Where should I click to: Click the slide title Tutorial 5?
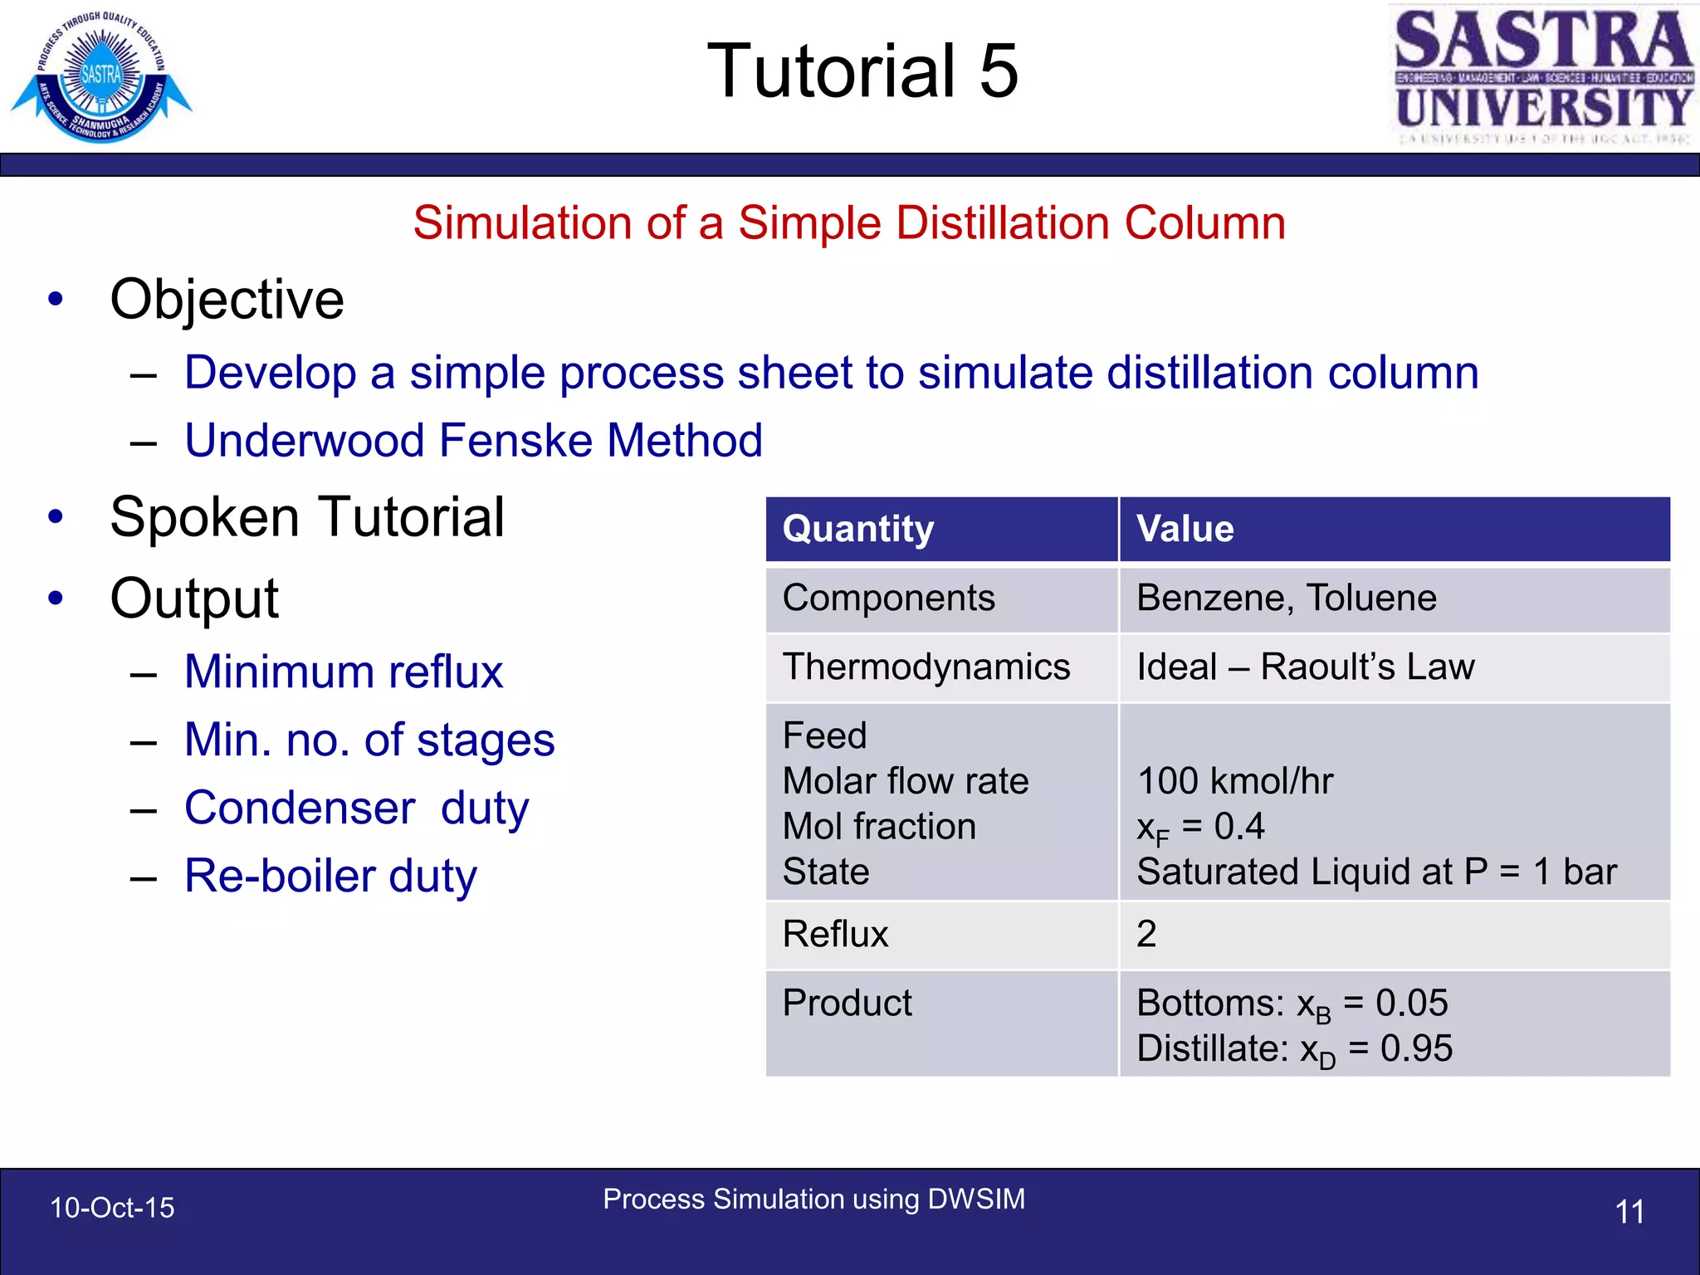tap(862, 71)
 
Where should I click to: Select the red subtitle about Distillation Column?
tap(849, 223)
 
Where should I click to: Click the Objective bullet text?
tap(227, 300)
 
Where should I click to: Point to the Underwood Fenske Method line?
tap(473, 440)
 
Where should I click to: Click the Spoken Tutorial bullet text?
tap(307, 517)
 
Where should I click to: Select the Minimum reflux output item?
tap(344, 672)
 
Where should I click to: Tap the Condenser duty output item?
tap(357, 808)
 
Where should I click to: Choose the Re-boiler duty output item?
tap(330, 876)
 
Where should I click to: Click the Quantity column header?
tap(858, 530)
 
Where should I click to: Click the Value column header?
tap(1185, 530)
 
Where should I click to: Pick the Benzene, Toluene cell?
tap(1286, 598)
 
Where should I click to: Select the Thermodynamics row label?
tap(926, 667)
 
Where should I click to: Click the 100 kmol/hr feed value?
tap(1234, 781)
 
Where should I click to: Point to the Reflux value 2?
tap(1146, 935)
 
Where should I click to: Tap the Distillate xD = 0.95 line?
tap(1294, 1049)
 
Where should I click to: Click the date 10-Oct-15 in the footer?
tap(112, 1208)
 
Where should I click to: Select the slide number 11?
tap(1629, 1212)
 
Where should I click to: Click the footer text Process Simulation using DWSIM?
tap(813, 1199)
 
